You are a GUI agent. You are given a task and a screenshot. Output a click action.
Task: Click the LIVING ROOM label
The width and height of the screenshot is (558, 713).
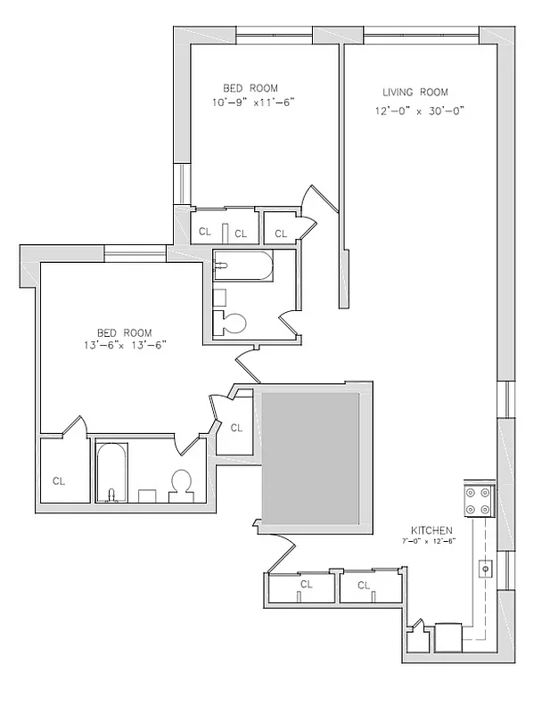pos(414,93)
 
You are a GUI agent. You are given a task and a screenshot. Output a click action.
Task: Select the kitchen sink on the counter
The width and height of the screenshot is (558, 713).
pos(487,566)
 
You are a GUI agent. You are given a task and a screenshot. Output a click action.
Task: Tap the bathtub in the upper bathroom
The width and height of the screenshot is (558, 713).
pos(242,266)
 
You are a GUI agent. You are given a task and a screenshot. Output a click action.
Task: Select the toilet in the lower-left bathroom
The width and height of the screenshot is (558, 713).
pos(183,484)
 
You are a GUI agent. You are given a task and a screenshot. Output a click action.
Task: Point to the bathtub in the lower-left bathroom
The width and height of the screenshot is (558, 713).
pos(112,471)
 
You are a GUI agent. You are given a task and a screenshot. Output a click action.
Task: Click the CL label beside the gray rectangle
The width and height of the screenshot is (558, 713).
pos(236,428)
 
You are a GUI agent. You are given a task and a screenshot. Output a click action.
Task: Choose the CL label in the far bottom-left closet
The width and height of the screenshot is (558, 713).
pos(59,481)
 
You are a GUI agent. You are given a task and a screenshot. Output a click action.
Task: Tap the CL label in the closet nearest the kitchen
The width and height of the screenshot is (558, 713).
pos(363,586)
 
